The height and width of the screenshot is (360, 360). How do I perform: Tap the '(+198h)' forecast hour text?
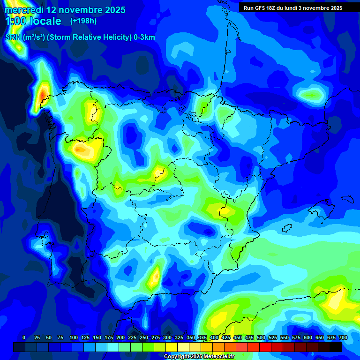click(84, 21)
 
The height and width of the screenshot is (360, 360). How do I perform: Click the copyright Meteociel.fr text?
click(199, 357)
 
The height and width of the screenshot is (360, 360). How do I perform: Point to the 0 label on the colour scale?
click(24, 337)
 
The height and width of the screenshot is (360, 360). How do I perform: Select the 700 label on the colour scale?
click(343, 337)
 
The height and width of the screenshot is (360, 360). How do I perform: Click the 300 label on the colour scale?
click(167, 337)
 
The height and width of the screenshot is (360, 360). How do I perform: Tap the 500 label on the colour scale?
click(261, 337)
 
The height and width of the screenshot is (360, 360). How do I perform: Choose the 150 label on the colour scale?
click(97, 337)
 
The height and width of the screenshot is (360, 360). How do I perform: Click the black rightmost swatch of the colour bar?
click(336, 347)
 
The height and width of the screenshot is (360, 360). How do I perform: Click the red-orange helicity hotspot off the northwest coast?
click(43, 95)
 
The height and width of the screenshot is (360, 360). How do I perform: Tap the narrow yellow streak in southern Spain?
click(154, 277)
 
